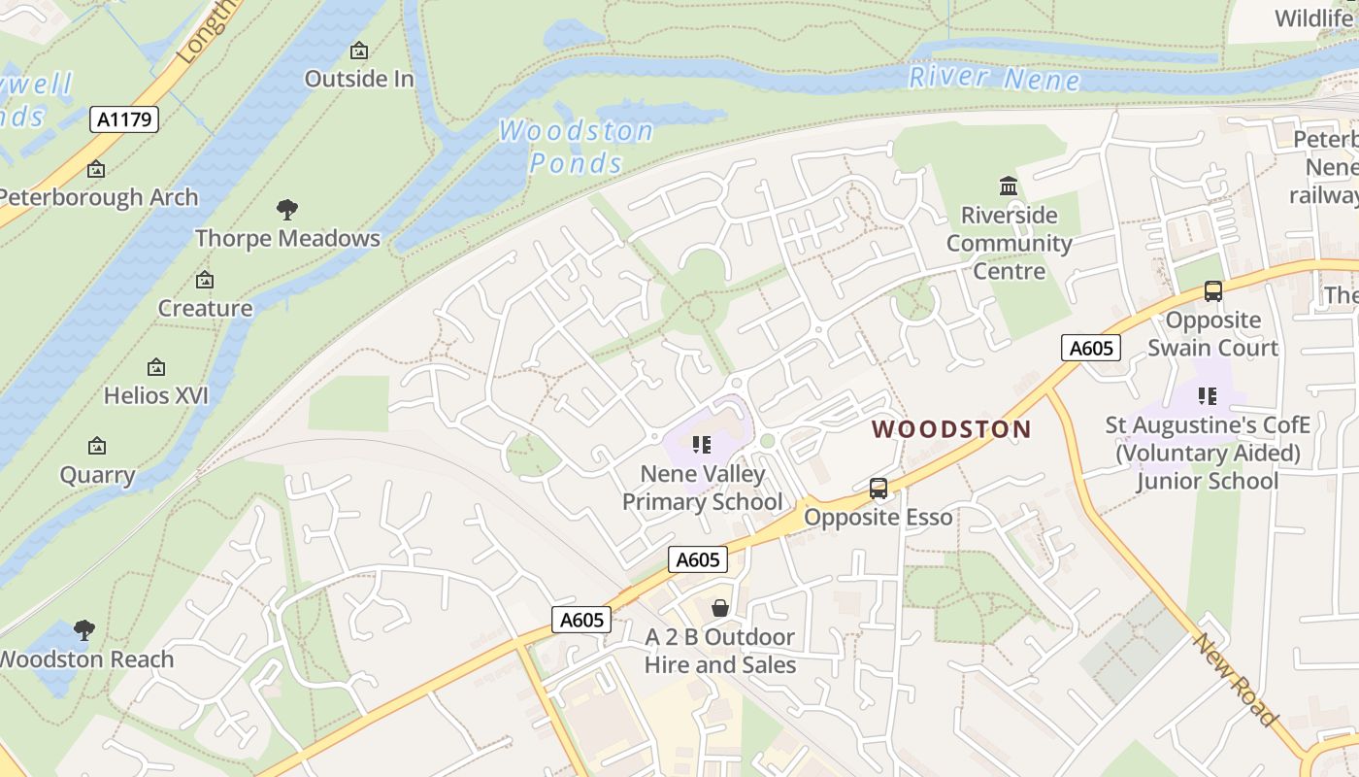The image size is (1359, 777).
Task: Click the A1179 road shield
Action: click(124, 119)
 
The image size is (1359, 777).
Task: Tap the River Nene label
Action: click(993, 79)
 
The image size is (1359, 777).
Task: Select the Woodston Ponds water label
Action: click(577, 147)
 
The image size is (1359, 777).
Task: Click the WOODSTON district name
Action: click(951, 429)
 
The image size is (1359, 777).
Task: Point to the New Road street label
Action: click(1235, 679)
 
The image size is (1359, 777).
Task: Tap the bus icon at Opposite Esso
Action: click(878, 489)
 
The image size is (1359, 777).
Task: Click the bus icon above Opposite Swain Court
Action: click(1212, 290)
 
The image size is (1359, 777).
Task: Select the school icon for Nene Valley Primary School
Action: click(702, 446)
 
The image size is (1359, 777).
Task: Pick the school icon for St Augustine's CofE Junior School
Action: click(1208, 395)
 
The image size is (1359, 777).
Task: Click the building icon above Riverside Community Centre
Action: click(1009, 186)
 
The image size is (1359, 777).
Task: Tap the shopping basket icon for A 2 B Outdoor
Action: click(720, 609)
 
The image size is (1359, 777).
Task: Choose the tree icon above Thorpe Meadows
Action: click(287, 209)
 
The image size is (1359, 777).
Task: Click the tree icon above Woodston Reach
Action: click(84, 630)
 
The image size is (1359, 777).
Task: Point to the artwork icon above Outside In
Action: click(359, 51)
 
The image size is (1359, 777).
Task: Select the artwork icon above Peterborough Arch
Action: click(96, 169)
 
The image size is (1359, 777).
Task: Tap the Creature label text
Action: click(205, 309)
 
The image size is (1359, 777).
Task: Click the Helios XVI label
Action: click(156, 396)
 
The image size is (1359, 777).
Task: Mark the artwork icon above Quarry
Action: click(97, 447)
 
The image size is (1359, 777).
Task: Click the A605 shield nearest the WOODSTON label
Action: click(1090, 348)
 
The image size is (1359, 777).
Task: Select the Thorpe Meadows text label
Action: click(287, 239)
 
